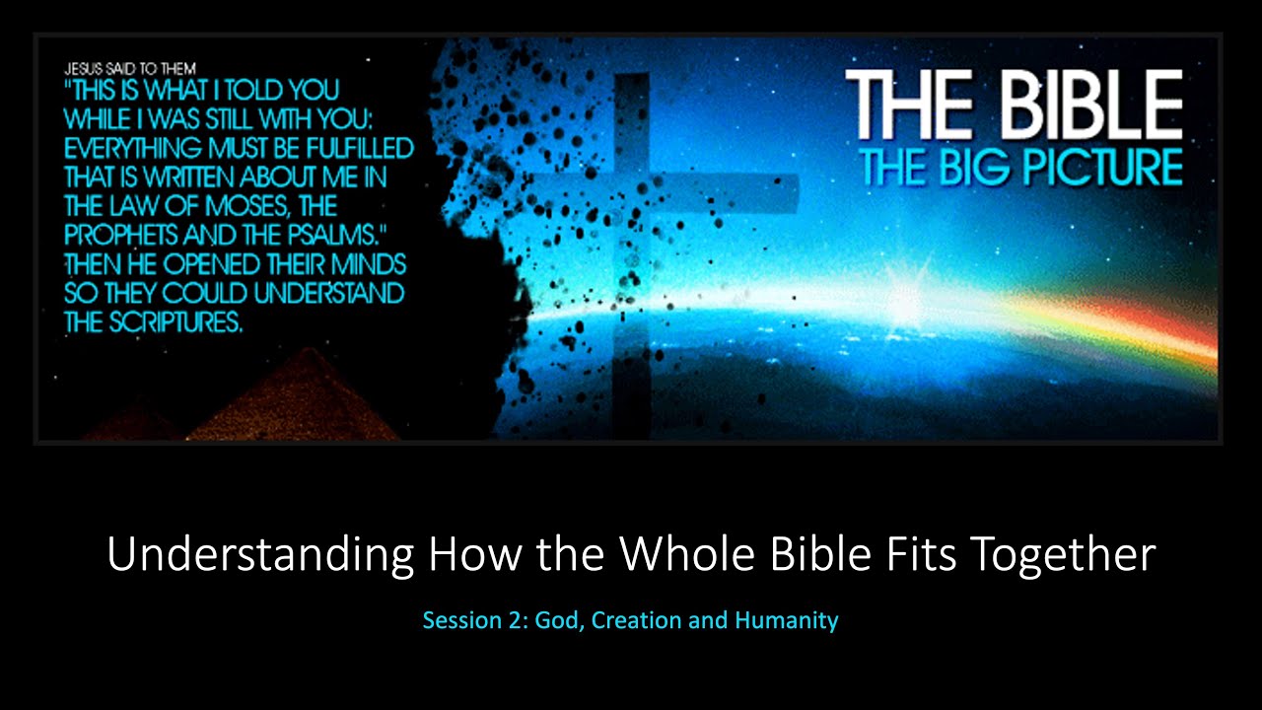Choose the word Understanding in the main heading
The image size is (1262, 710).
pos(260,556)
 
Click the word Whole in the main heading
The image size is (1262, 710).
pos(688,554)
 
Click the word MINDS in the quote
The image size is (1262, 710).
pos(366,266)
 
